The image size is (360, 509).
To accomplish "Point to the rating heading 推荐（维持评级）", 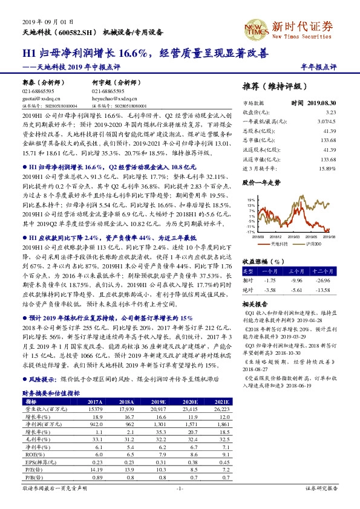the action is point(273,86).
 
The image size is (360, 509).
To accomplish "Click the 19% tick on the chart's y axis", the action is point(251,199).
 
